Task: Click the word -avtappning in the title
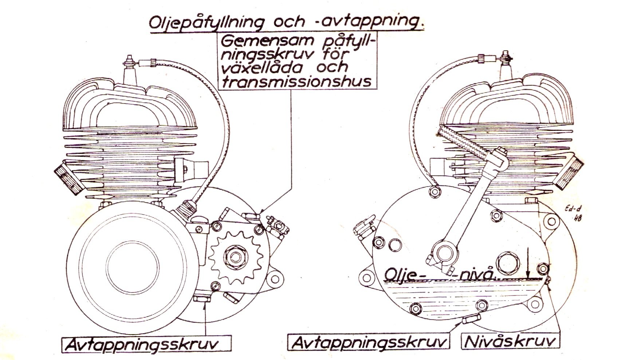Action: click(x=368, y=22)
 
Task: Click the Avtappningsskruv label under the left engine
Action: click(x=146, y=344)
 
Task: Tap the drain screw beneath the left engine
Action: click(x=201, y=299)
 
